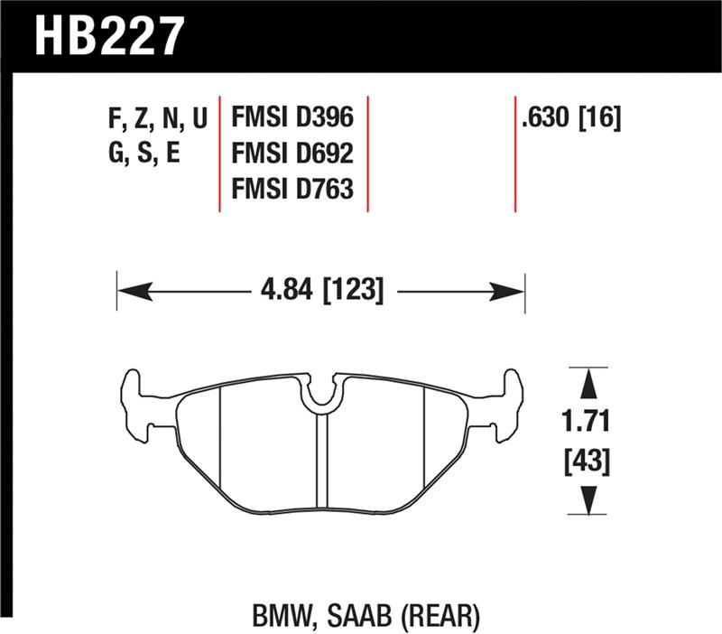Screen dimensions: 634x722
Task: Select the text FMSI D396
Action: [292, 117]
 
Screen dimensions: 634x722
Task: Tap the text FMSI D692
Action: [292, 154]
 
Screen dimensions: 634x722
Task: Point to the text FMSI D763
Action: [292, 190]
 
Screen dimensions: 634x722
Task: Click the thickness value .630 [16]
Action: [570, 117]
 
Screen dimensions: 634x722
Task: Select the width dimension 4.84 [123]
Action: [320, 291]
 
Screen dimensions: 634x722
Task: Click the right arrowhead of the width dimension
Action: [509, 291]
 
